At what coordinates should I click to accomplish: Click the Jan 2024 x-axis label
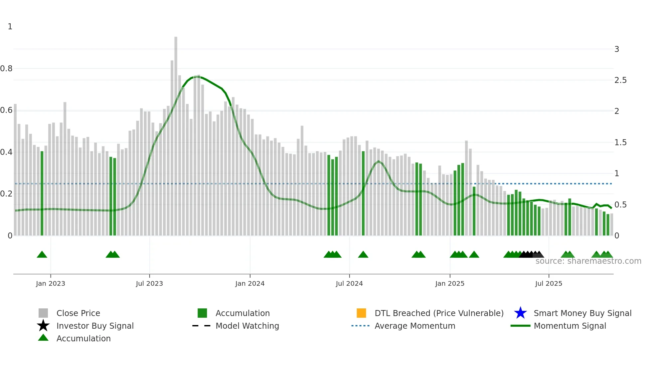[250, 283]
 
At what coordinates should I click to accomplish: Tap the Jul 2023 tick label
[149, 283]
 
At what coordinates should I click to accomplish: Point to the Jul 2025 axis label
[549, 283]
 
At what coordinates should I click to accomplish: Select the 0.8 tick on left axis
[6, 69]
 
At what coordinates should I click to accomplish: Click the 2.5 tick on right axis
[620, 80]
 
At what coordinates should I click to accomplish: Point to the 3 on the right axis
[617, 49]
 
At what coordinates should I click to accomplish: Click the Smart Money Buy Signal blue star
[520, 313]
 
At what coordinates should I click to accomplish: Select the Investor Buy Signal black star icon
[43, 326]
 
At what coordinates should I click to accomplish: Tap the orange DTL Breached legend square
[361, 313]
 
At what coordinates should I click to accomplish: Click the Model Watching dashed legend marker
[202, 326]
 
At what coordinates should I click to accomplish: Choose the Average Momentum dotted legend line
[361, 326]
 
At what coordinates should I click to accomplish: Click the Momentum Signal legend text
[570, 326]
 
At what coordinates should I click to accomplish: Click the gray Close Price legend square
[43, 313]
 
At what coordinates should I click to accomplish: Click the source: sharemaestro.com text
[588, 261]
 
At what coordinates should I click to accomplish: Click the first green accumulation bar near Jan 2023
[42, 193]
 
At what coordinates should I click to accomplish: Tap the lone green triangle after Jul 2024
[363, 255]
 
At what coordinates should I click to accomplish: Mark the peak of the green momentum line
[197, 77]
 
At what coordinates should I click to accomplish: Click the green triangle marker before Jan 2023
[42, 255]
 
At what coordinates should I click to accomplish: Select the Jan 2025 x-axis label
[450, 283]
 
